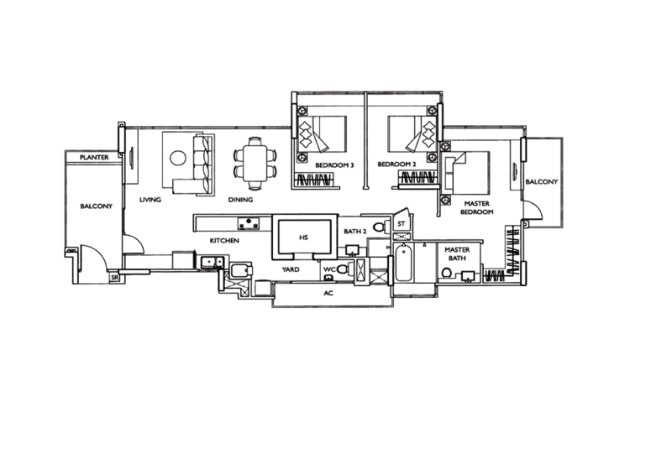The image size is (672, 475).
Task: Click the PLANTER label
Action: coord(94,157)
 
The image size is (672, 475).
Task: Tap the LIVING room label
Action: coord(150,200)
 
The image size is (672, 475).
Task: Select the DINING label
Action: coord(240,200)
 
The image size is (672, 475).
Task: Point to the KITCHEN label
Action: coord(224,241)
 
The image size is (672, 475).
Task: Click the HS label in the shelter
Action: coord(303,237)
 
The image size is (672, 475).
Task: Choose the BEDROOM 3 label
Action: coord(334,165)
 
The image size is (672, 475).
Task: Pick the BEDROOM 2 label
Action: coord(396,164)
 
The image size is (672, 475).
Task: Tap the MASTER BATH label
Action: coord(457,253)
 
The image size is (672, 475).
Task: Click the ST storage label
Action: coord(402,224)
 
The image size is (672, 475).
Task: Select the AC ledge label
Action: coord(328,294)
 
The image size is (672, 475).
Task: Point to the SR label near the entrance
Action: coord(114,278)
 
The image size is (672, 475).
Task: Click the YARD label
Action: coord(291,269)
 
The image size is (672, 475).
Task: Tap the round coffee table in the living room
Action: coord(178,158)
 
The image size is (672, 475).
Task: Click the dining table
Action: coord(255,164)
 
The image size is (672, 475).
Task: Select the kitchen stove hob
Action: coord(249,222)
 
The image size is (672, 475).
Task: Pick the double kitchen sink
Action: coord(213,262)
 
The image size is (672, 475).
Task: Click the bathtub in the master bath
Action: coord(403,263)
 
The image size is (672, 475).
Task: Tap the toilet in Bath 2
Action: coord(381,227)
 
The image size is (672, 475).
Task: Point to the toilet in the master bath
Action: coord(447,273)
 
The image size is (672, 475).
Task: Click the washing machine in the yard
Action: coord(241,271)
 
